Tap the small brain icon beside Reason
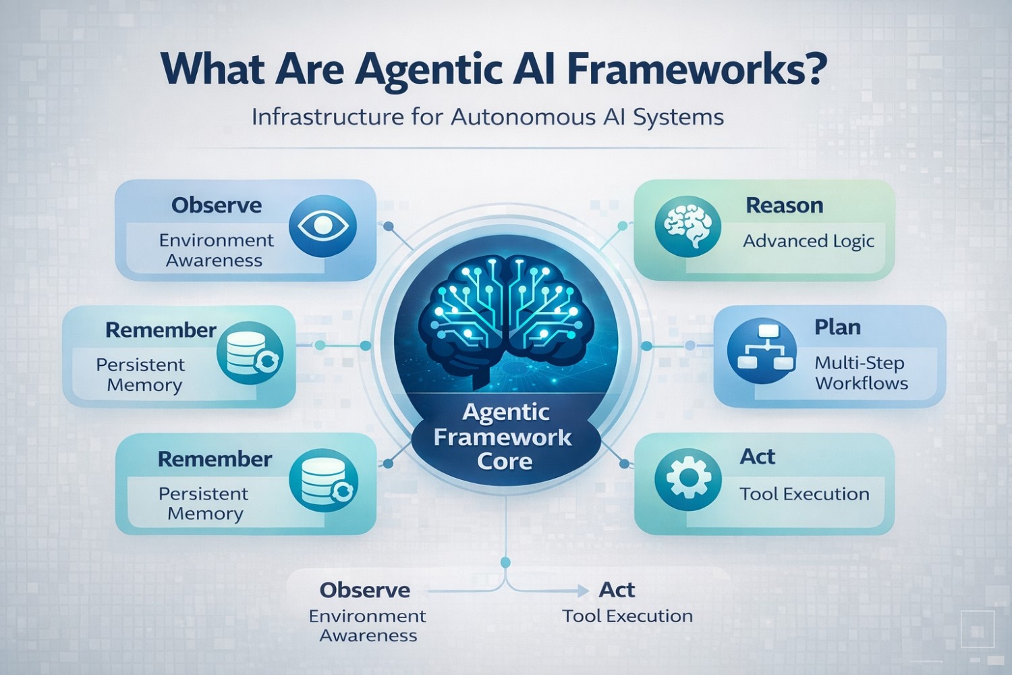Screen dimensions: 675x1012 tap(687, 226)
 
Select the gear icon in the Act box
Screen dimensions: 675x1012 tap(688, 478)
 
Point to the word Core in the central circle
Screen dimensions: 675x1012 tap(505, 462)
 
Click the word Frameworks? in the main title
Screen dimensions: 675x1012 tap(696, 68)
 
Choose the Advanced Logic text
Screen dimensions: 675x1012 tap(808, 241)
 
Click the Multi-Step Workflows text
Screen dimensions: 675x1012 tap(861, 373)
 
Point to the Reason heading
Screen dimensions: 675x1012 tap(784, 205)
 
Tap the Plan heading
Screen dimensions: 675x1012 tap(837, 327)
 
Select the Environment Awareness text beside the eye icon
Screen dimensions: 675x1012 tap(216, 250)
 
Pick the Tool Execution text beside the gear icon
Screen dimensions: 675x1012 tap(804, 494)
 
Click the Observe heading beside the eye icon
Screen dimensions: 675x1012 tap(217, 205)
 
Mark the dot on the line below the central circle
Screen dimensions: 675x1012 tap(505, 562)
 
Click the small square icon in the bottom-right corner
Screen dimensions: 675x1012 tap(977, 628)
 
